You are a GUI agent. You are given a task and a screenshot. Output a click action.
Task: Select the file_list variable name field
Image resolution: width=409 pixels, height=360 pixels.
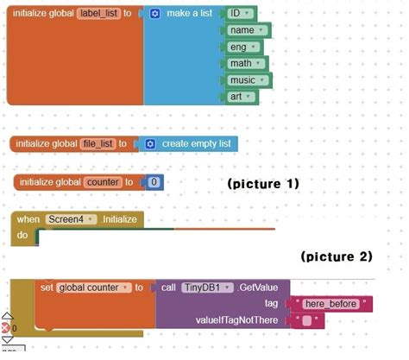pos(98,143)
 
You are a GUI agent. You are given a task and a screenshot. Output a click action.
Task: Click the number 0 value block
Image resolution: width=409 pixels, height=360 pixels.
pos(153,182)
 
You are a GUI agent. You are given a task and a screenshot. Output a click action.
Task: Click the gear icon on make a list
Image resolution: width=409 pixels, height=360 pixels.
pos(155,15)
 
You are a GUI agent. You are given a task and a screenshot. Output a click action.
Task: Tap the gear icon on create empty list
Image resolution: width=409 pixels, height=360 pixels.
pos(149,143)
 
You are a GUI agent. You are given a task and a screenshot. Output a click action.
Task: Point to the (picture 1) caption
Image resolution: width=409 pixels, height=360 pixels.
pos(262,184)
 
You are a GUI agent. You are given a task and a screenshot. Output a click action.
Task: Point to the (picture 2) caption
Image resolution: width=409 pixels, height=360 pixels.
pos(337,256)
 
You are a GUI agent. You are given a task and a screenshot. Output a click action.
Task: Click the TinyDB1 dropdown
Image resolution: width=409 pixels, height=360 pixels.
pos(204,287)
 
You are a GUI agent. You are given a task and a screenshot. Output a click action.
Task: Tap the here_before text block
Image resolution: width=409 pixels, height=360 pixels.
pos(331,303)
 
